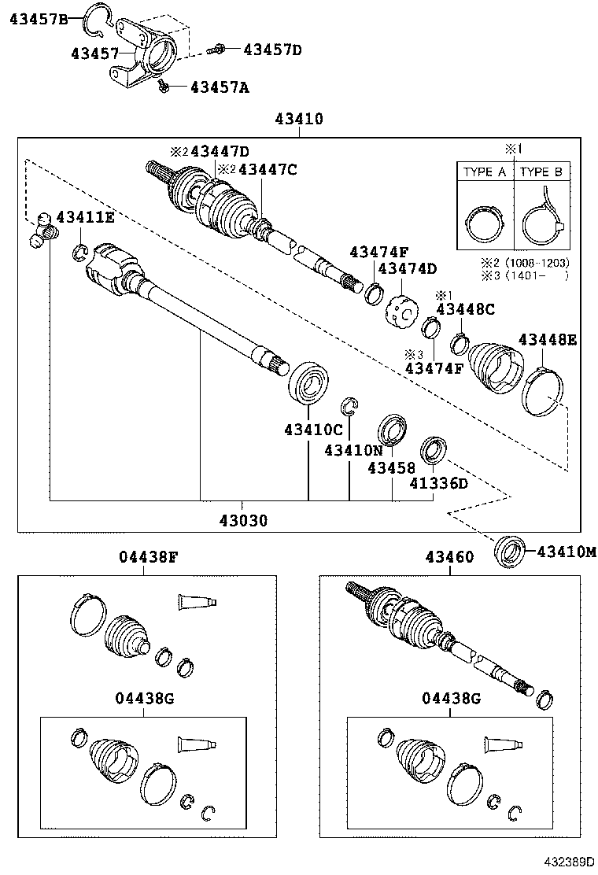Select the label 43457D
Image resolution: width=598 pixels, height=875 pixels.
click(x=272, y=50)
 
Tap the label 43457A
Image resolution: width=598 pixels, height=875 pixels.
click(x=219, y=87)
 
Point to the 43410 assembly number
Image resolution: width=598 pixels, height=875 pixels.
click(x=299, y=120)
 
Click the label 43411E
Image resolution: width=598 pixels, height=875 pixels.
click(x=84, y=217)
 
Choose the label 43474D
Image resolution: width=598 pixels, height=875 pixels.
click(x=407, y=269)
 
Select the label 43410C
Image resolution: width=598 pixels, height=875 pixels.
click(x=313, y=430)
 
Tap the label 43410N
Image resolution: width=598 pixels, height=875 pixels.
click(x=353, y=450)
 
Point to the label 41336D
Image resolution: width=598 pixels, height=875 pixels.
click(x=438, y=482)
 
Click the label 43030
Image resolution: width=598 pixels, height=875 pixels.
click(x=243, y=520)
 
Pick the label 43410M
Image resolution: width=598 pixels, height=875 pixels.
click(x=567, y=552)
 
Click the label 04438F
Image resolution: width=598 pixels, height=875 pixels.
click(x=148, y=557)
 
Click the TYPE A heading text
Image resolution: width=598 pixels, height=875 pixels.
click(x=485, y=172)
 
